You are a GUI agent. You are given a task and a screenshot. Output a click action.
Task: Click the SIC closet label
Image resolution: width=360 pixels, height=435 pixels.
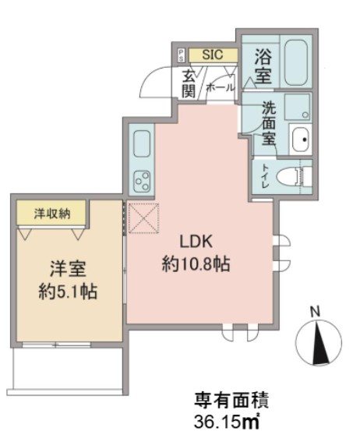[x=212, y=55]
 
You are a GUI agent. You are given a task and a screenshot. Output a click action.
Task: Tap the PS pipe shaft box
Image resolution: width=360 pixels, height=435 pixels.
[x=181, y=55]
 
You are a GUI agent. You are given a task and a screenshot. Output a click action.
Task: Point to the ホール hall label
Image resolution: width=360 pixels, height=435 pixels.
[x=219, y=88]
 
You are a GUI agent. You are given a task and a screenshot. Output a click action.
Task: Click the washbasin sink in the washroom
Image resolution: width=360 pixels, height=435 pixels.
[x=299, y=140]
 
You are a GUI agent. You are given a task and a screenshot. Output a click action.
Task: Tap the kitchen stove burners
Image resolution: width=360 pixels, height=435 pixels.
[x=143, y=181]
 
